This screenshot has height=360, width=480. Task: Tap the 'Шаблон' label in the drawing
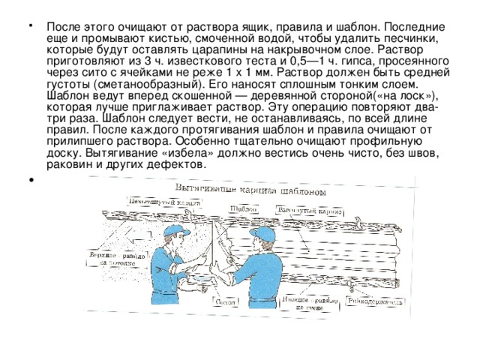coord(241,208)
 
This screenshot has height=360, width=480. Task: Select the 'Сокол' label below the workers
coord(226,302)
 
